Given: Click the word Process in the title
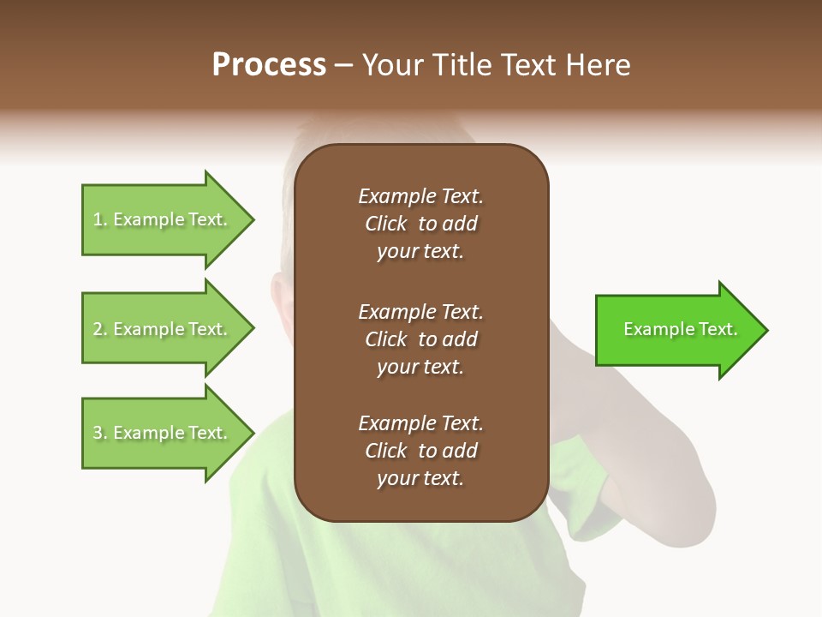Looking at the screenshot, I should [269, 65].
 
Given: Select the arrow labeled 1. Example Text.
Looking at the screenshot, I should [163, 219].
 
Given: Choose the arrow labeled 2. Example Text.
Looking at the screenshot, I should [163, 329].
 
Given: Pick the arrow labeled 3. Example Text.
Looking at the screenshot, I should [163, 433].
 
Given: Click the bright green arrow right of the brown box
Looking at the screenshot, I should [676, 330].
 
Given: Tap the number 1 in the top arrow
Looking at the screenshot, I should [98, 220].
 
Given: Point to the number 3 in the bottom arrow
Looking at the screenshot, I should [98, 434].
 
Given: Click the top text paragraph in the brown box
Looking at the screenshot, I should [420, 224].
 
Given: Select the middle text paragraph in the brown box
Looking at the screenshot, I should [420, 339].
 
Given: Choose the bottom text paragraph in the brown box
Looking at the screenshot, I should [420, 451].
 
